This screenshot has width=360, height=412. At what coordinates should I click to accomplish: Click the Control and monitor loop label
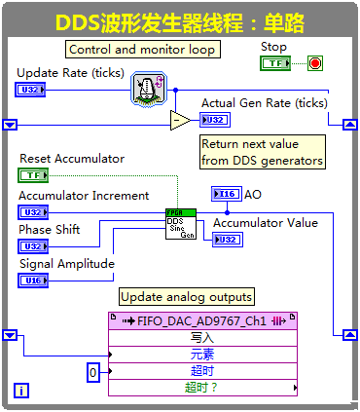tap(142, 50)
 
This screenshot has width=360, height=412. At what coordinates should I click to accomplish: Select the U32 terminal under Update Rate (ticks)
tap(29, 90)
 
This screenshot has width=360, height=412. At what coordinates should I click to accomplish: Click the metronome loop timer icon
tap(148, 89)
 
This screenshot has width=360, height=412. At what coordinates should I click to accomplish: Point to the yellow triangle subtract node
tap(180, 120)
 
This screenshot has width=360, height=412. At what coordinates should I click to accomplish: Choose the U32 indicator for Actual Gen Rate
tap(214, 120)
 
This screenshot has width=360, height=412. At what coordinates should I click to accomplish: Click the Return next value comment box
tap(262, 152)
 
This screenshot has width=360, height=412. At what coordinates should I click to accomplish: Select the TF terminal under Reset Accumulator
tap(33, 175)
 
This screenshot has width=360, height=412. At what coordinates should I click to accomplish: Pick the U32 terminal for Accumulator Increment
tap(31, 211)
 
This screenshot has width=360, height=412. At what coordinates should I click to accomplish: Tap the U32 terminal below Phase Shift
tap(31, 246)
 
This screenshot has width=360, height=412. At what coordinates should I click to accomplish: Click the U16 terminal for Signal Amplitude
tap(31, 281)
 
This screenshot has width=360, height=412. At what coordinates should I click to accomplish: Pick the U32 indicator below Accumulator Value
tap(227, 240)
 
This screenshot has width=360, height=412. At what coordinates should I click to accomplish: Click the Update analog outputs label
tap(186, 296)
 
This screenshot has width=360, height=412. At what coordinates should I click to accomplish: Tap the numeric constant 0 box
tap(92, 372)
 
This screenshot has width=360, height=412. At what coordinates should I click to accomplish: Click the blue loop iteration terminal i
tap(21, 391)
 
